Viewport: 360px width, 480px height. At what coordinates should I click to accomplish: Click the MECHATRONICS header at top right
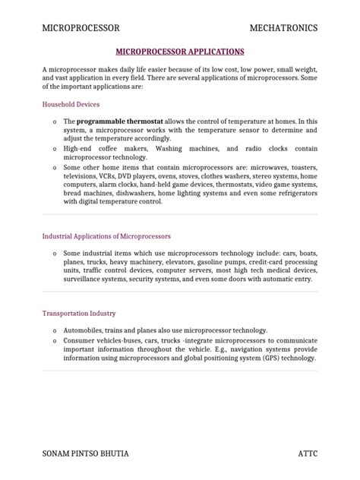pyautogui.click(x=284, y=28)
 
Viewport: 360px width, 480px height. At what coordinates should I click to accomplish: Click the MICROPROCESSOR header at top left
pyautogui.click(x=81, y=28)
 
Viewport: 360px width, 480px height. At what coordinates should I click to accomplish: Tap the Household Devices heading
pyautogui.click(x=71, y=104)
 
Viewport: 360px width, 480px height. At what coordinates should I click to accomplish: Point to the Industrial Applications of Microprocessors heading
pyautogui.click(x=106, y=236)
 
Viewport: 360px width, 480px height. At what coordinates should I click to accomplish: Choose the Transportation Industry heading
pyautogui.click(x=81, y=313)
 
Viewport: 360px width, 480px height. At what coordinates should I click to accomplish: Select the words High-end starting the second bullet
pyautogui.click(x=78, y=149)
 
